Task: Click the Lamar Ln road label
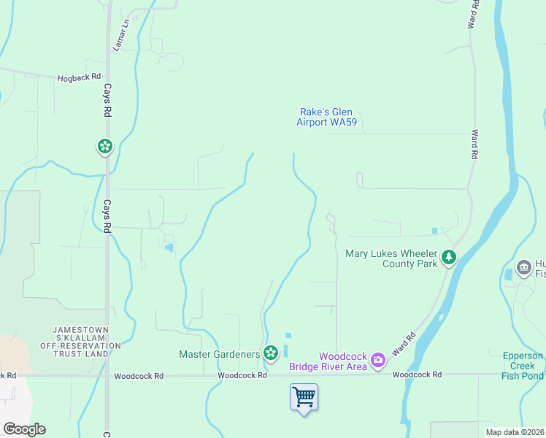click(x=120, y=35)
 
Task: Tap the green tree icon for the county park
click(x=449, y=258)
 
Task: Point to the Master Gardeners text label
click(x=220, y=354)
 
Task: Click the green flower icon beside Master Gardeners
click(x=271, y=354)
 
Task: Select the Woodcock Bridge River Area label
click(x=328, y=361)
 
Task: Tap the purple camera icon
click(x=377, y=359)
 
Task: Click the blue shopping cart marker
click(x=304, y=397)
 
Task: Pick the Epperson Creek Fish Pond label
click(x=522, y=366)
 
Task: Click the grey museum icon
click(x=523, y=268)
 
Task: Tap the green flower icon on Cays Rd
click(x=105, y=147)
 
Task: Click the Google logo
click(x=24, y=429)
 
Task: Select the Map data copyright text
click(x=514, y=432)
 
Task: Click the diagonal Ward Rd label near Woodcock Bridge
click(x=404, y=344)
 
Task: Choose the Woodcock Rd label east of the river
click(x=417, y=374)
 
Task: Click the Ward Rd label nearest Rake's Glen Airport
click(x=474, y=145)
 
